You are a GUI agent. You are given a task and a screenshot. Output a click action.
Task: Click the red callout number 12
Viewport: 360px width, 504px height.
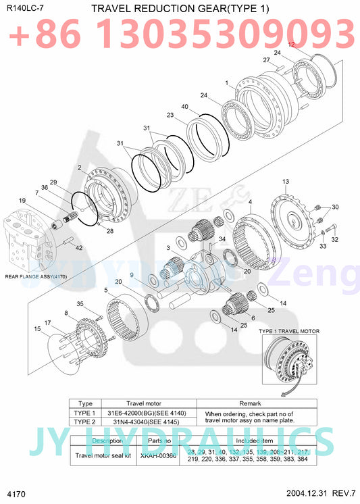(292, 44)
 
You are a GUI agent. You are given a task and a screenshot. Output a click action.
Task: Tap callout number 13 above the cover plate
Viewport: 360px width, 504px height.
(286, 182)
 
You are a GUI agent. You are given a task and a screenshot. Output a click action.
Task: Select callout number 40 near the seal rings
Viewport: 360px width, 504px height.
(185, 106)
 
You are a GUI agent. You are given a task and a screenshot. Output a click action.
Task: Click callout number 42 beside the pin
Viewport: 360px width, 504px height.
(79, 248)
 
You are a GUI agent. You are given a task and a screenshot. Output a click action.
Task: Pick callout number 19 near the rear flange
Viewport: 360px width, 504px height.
(22, 201)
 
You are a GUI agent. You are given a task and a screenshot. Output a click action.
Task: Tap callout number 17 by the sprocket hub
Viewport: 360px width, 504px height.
(47, 322)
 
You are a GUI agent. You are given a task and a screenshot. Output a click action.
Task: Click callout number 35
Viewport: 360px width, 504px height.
(79, 303)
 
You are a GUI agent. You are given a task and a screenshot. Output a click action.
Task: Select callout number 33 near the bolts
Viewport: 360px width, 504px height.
(322, 247)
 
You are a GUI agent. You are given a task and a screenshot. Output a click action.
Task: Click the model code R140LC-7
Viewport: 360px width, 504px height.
(21, 8)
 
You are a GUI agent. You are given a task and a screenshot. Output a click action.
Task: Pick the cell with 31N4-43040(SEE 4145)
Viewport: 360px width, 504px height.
(150, 422)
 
